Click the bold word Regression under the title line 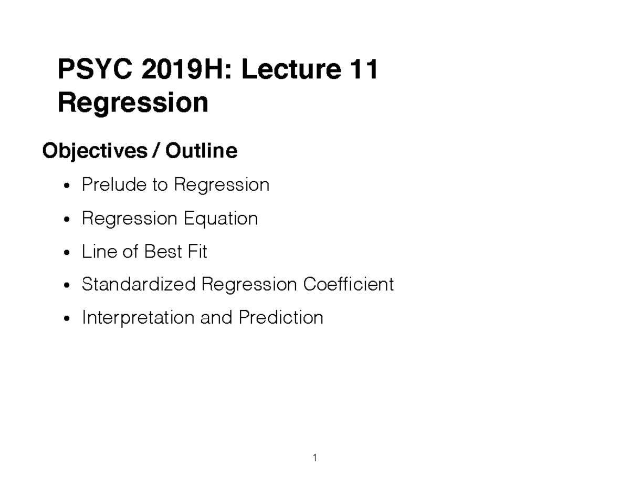pos(133,103)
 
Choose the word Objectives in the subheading pos(95,151)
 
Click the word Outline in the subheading pos(202,151)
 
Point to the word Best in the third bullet pos(162,252)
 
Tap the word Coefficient pos(348,284)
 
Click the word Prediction pos(281,318)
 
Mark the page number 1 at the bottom pos(314,458)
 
